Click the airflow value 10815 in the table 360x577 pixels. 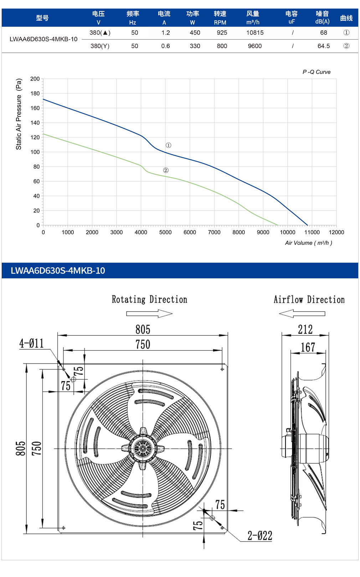(x=255, y=33)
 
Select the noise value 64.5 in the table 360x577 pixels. (x=323, y=46)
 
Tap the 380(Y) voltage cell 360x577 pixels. (x=100, y=46)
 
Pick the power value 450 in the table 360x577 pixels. (x=195, y=33)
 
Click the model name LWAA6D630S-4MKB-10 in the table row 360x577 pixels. (x=43, y=39)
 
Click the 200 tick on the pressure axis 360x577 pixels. (x=35, y=79)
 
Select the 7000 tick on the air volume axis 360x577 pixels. (x=214, y=232)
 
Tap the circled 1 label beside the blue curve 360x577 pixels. (x=168, y=145)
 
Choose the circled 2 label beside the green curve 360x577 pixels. (x=166, y=170)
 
